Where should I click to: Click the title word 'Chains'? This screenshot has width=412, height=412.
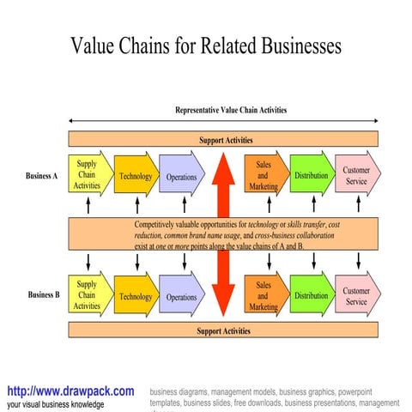154,45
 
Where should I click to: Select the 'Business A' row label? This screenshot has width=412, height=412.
42,176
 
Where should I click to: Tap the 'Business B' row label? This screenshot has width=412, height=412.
44,294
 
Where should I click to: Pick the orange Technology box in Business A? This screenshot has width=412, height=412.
135,177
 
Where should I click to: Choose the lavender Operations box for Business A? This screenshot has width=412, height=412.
181,177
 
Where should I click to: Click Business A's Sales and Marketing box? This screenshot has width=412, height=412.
264,176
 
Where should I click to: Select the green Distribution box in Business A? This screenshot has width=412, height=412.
310,176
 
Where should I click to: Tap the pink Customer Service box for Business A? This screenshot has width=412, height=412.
356,175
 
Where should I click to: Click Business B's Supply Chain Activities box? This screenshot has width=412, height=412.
88,294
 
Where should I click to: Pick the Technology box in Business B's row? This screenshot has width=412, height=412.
135,297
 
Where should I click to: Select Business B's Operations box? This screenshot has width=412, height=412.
181,297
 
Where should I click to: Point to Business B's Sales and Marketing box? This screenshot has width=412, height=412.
264,295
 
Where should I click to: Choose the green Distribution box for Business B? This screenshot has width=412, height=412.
310,295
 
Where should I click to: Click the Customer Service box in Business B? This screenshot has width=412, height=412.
356,295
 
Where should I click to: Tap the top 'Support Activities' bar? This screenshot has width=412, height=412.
223,139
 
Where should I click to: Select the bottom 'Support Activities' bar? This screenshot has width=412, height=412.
223,330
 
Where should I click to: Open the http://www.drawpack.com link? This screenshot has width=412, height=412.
70,391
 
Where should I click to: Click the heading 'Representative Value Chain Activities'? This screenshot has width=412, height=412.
231,110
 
